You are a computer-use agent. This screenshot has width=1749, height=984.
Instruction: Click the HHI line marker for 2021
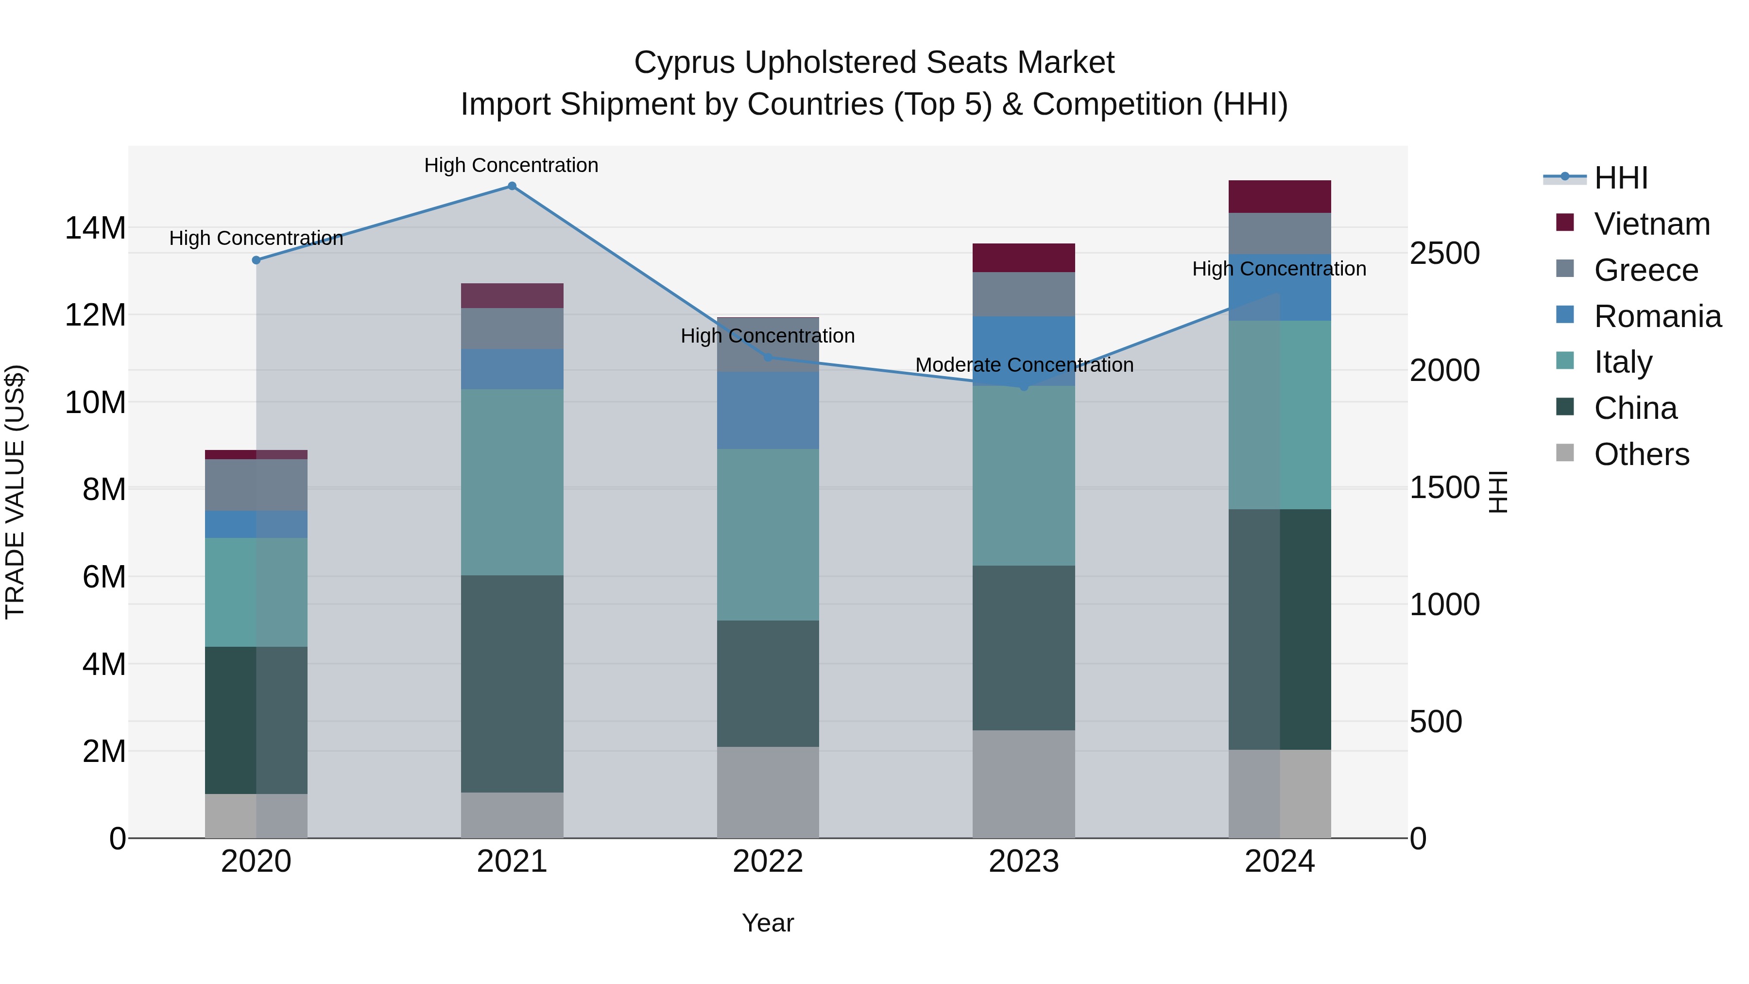pyautogui.click(x=512, y=186)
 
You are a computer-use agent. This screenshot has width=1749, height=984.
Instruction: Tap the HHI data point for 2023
pyautogui.click(x=1024, y=386)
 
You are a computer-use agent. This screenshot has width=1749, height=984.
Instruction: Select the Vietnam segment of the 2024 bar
pyautogui.click(x=1279, y=197)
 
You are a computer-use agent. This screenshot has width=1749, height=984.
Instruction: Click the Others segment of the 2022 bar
pyautogui.click(x=768, y=792)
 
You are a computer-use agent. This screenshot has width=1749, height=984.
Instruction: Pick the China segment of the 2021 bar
pyautogui.click(x=512, y=683)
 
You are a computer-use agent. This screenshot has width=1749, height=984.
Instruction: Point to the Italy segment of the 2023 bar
pyautogui.click(x=1024, y=475)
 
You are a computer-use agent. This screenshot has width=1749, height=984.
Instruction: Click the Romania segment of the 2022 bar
pyautogui.click(x=768, y=410)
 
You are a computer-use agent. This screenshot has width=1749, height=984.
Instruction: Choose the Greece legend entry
pyautogui.click(x=1646, y=270)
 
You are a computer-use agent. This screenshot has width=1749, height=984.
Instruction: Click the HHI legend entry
pyautogui.click(x=1620, y=178)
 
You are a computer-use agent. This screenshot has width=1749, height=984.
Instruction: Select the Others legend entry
pyautogui.click(x=1641, y=454)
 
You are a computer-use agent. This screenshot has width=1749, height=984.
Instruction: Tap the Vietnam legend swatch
pyautogui.click(x=1564, y=223)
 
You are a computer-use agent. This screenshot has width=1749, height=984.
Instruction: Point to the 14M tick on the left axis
pyautogui.click(x=95, y=228)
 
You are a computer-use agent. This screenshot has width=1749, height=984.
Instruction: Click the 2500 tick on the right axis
pyautogui.click(x=1444, y=253)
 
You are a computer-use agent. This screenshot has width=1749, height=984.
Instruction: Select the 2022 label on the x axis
pyautogui.click(x=768, y=862)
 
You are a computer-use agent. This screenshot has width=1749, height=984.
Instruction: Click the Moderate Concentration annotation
pyautogui.click(x=1024, y=365)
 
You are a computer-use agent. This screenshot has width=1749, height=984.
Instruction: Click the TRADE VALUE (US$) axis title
pyautogui.click(x=15, y=492)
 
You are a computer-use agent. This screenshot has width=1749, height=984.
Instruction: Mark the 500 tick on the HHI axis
pyautogui.click(x=1435, y=722)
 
